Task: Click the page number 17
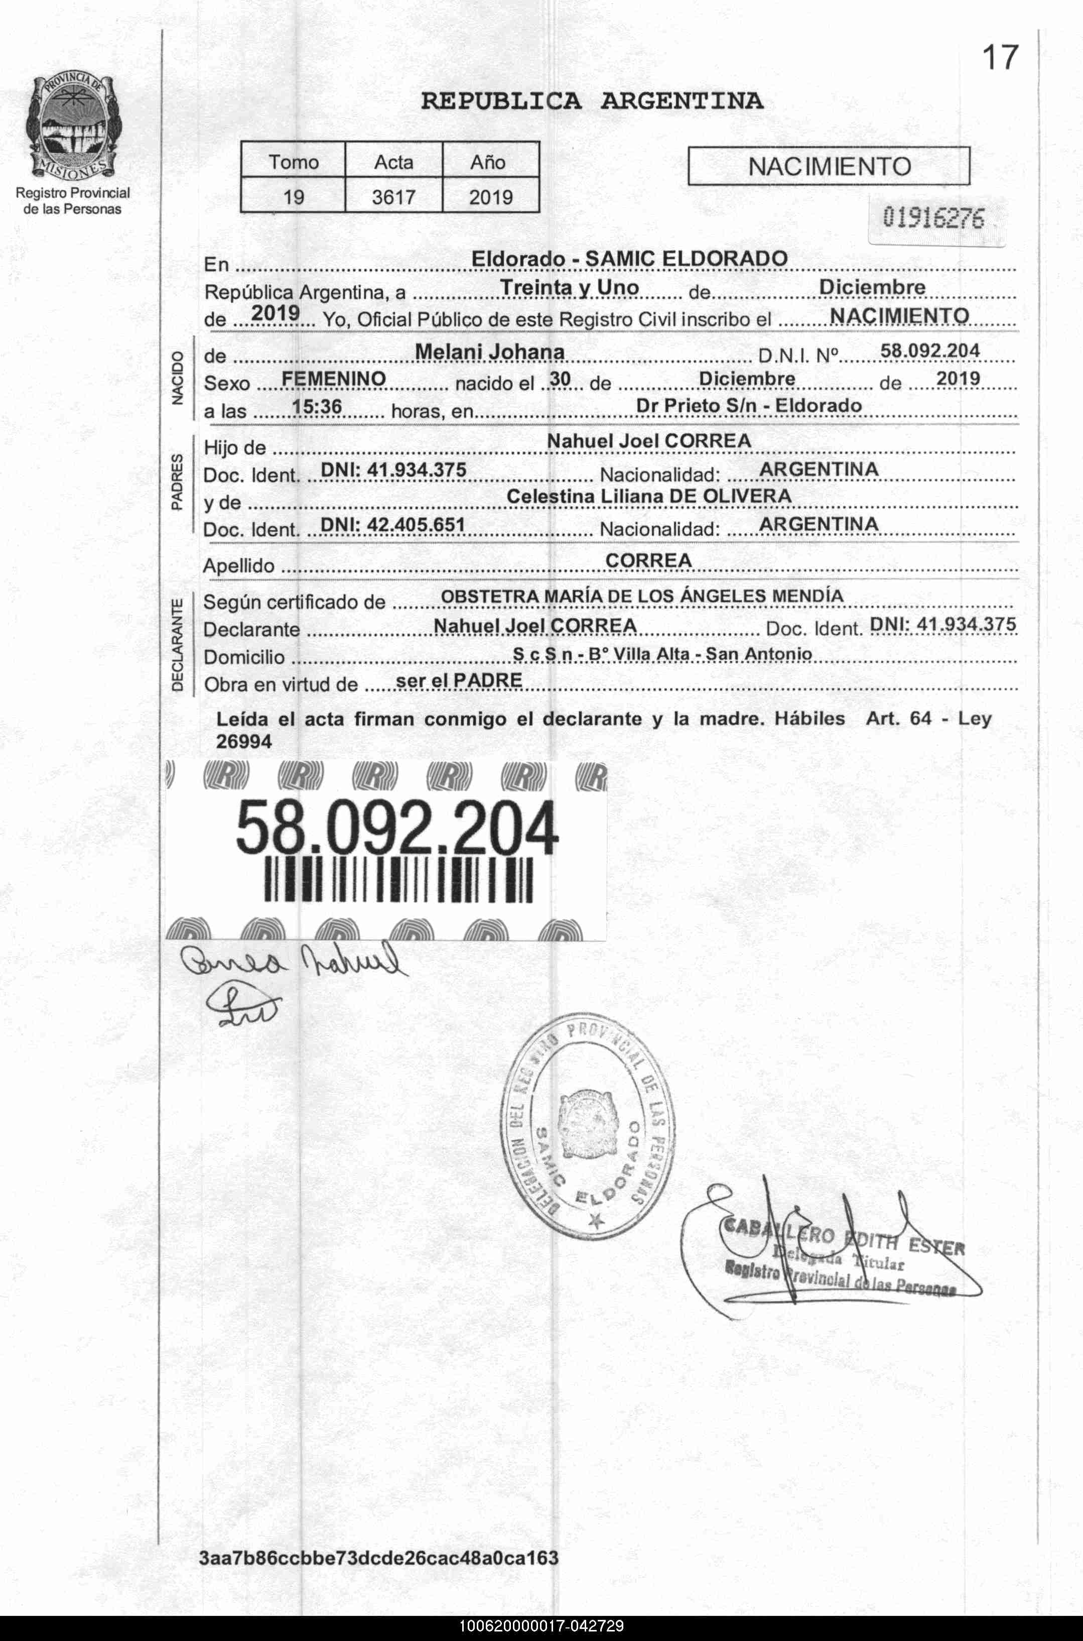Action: [1000, 58]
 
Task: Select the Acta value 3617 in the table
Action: [393, 198]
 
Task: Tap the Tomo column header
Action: [294, 162]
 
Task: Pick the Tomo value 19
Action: [294, 198]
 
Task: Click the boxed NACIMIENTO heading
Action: [829, 167]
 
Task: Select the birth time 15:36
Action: [317, 406]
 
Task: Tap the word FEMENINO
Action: [334, 379]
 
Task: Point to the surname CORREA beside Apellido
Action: [648, 560]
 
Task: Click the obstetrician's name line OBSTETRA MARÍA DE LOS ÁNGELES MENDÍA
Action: [642, 596]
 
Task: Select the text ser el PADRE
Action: [459, 680]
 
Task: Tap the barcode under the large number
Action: [398, 880]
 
